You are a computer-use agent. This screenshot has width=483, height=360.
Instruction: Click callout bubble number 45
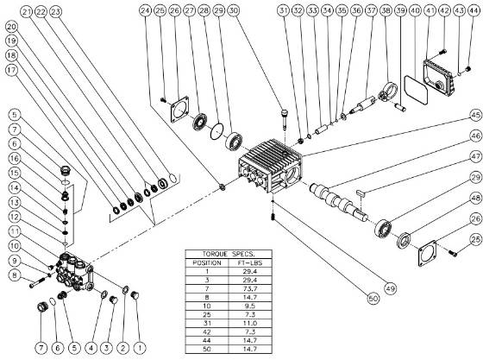pos(475,114)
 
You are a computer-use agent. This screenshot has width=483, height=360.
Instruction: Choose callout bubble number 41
pos(429,9)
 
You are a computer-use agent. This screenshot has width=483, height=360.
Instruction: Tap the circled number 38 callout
pos(385,9)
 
